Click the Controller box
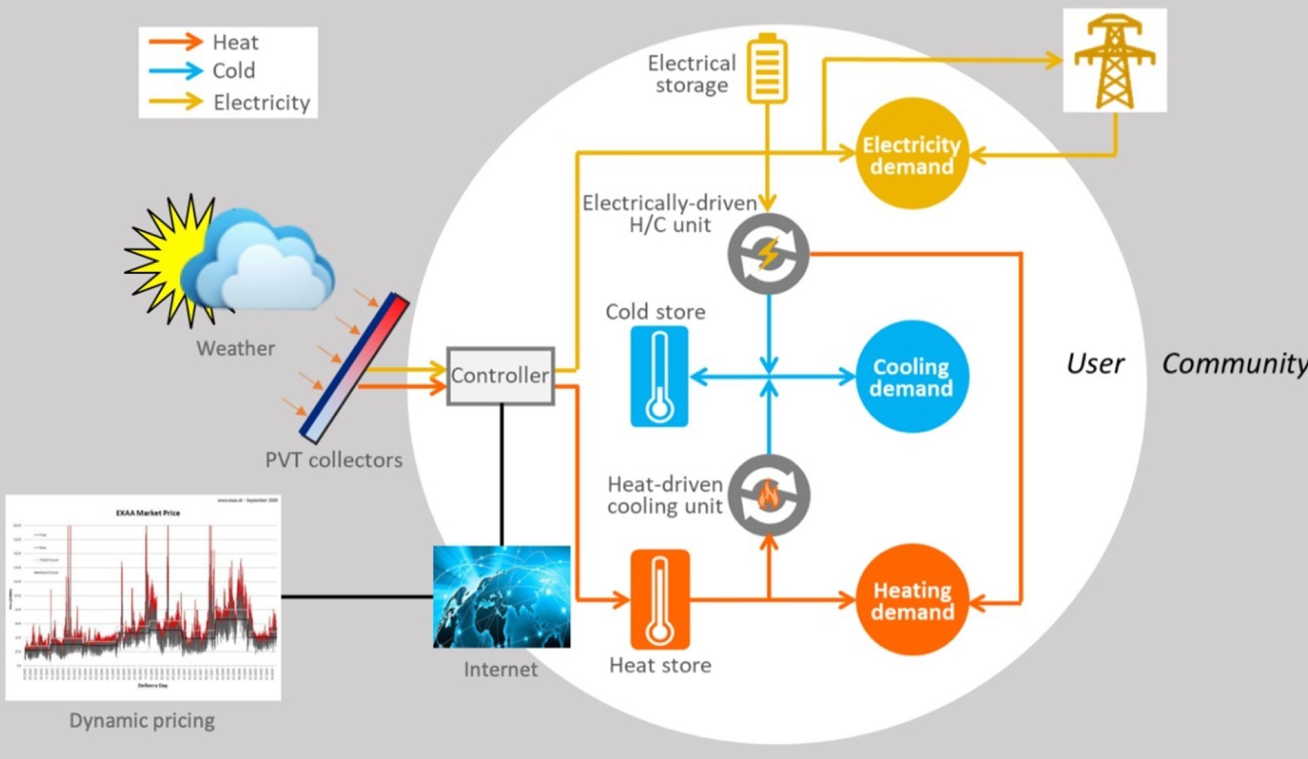500,376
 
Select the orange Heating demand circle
912,600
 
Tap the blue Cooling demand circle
912,376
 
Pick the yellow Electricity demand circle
912,154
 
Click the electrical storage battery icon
767,69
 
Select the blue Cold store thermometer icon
659,376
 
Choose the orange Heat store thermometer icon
660,599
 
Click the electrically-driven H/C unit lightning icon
768,254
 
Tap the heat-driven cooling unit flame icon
769,495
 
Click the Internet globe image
501,597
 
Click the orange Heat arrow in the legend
176,42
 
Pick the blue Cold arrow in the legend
176,70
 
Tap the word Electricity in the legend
262,103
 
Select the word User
1095,364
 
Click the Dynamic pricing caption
142,721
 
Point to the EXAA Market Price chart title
148,513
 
